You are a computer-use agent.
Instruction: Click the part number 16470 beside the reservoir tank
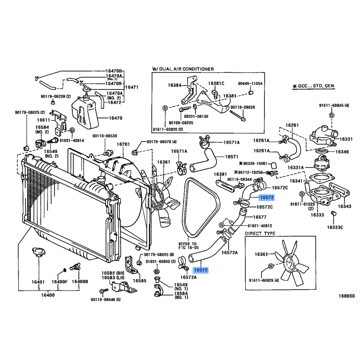click(x=116, y=118)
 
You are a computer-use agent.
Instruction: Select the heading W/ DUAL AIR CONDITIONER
click(x=183, y=69)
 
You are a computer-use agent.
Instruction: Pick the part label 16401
click(x=38, y=282)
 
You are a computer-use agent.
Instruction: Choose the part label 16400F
click(x=59, y=282)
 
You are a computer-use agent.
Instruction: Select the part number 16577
click(x=259, y=217)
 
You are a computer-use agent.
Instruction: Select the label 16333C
click(x=335, y=227)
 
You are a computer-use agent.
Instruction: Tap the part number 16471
click(x=131, y=87)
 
